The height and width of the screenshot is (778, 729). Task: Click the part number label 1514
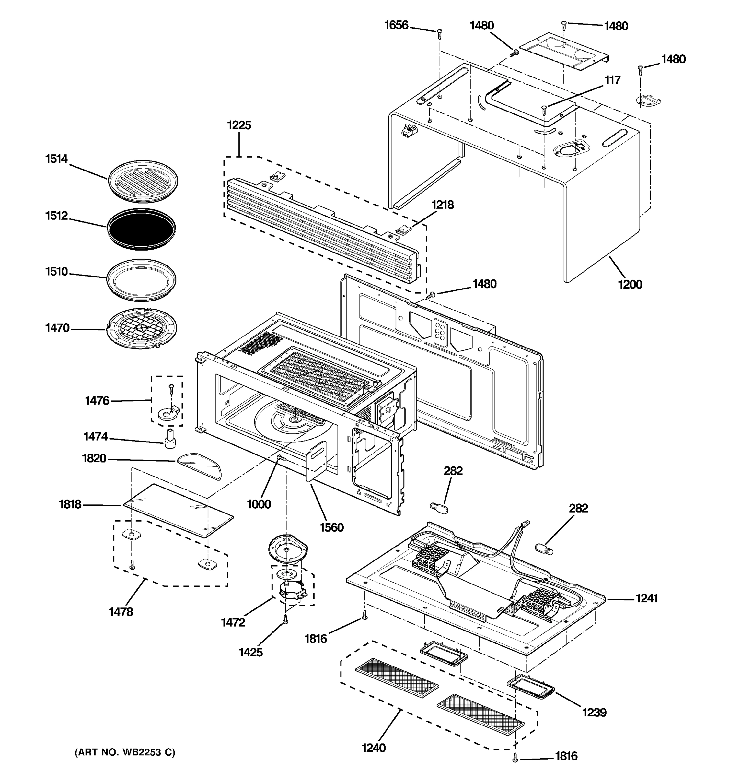[56, 159]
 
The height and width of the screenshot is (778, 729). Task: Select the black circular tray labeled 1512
[141, 229]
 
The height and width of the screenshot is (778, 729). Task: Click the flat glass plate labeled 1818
[178, 510]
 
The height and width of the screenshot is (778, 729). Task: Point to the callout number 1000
[259, 504]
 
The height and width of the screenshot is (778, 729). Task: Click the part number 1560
[331, 527]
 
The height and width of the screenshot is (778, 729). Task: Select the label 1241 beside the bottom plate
[646, 598]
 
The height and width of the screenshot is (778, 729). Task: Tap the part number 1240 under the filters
[374, 748]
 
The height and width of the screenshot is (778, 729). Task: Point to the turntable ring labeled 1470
[142, 329]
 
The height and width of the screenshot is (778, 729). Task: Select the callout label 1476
[97, 401]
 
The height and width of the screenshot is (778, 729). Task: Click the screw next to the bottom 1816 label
[515, 758]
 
